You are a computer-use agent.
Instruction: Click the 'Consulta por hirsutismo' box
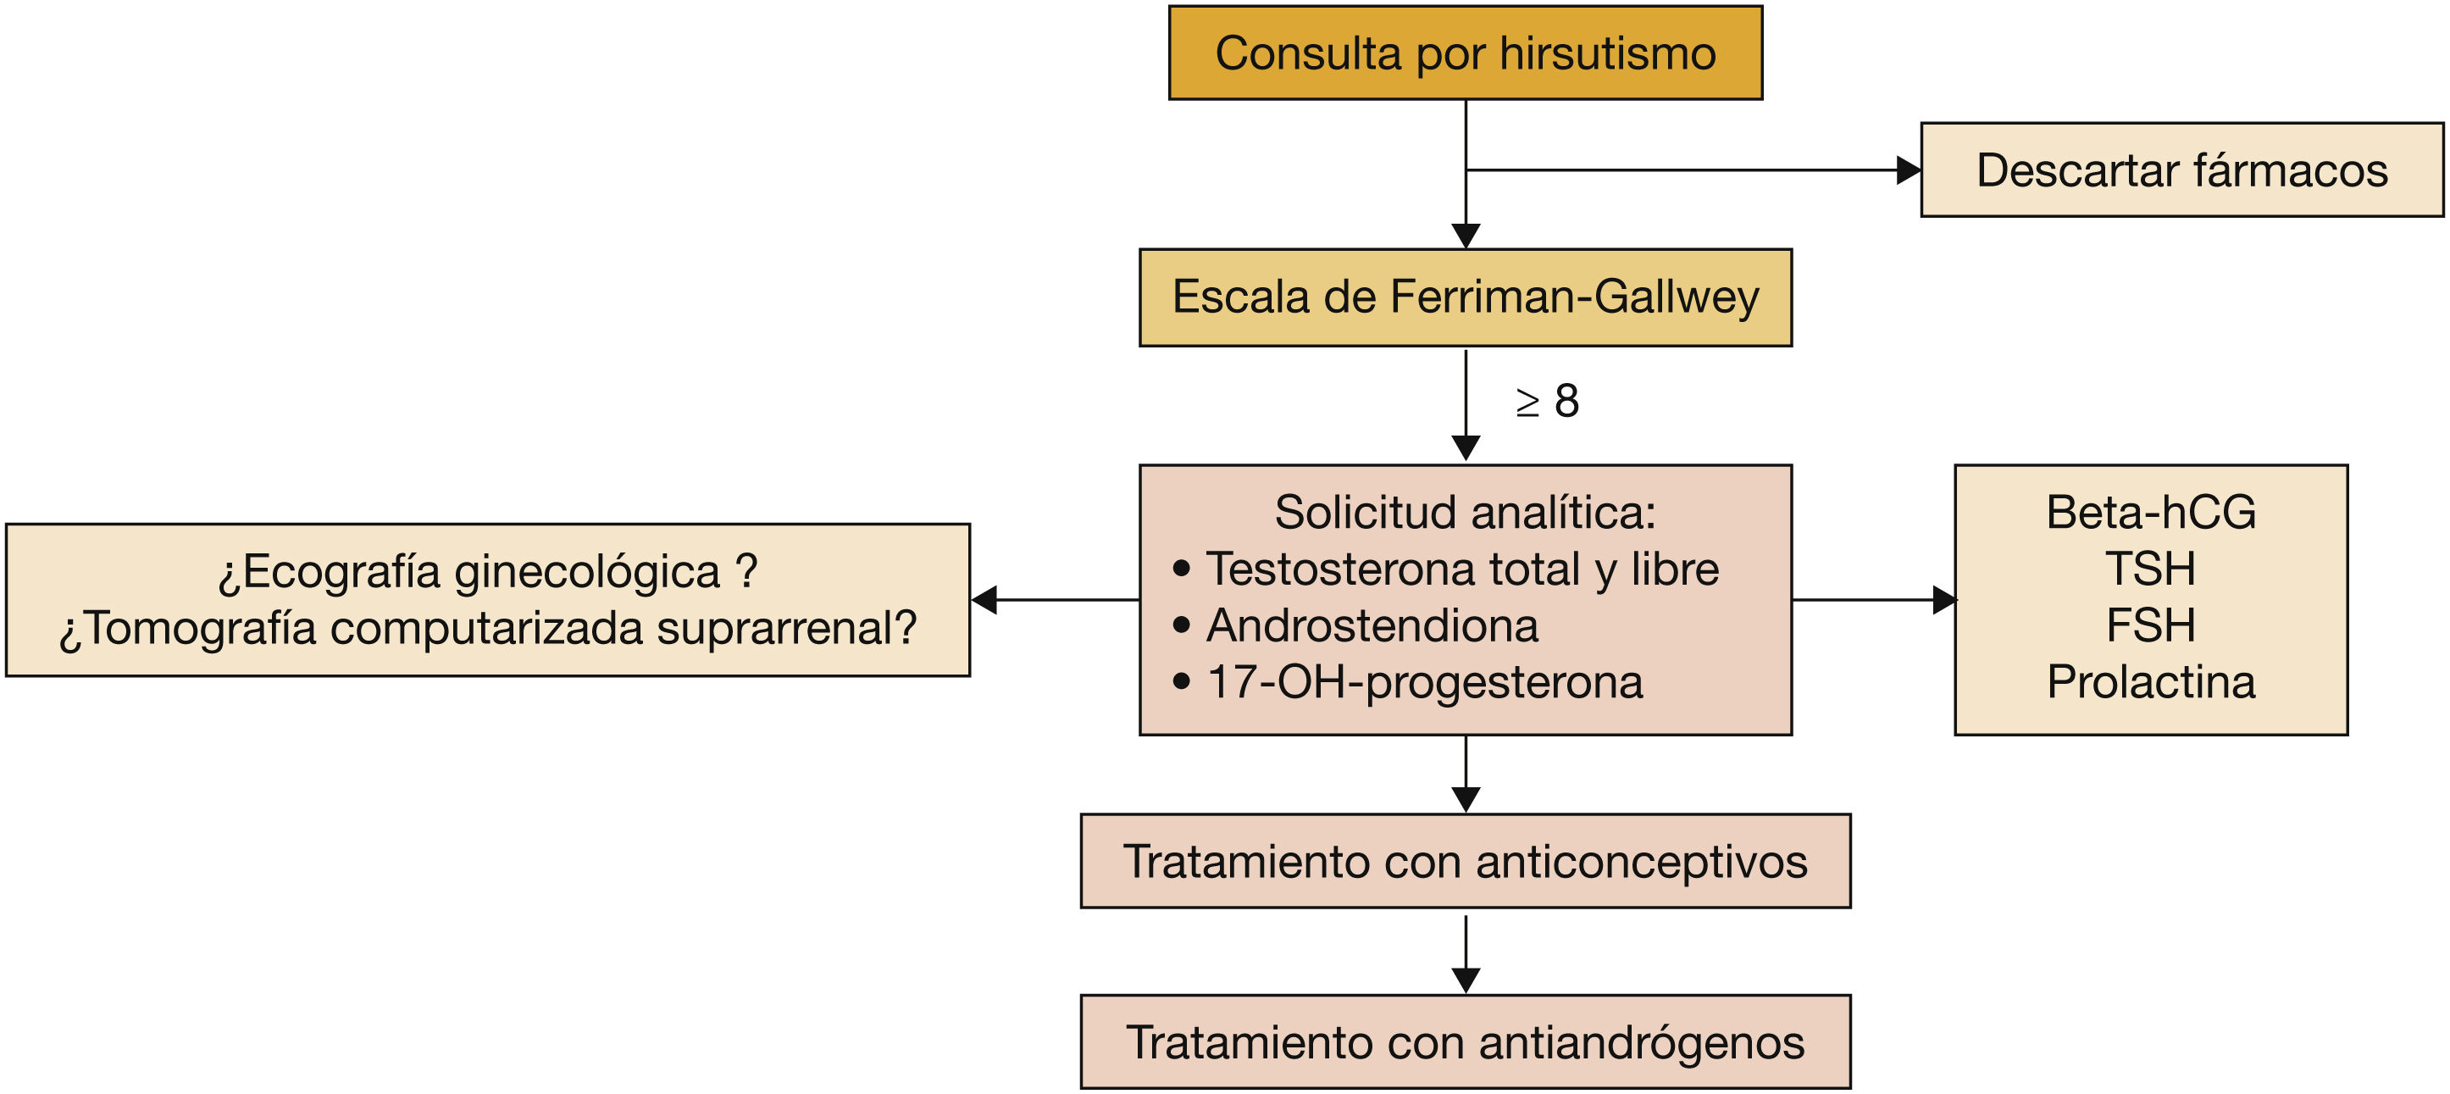click(x=1465, y=53)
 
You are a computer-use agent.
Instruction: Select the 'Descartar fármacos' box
click(x=2181, y=170)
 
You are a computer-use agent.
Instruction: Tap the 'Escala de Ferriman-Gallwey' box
click(x=1465, y=297)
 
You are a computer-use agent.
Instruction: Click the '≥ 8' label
click(x=1548, y=402)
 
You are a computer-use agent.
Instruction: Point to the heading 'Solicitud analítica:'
click(x=1465, y=513)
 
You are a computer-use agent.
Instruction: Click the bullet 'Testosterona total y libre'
click(x=1462, y=569)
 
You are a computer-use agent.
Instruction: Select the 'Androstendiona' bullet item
click(x=1372, y=626)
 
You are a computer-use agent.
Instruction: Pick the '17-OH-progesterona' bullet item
click(x=1424, y=682)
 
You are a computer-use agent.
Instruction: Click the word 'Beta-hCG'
click(x=2150, y=513)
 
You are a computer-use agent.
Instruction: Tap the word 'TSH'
click(x=2150, y=569)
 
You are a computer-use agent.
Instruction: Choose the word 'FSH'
click(x=2150, y=626)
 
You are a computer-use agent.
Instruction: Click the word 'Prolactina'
click(x=2150, y=682)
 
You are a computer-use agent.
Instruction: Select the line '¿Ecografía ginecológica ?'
click(x=488, y=572)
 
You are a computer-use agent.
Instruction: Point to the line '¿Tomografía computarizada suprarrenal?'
click(x=488, y=629)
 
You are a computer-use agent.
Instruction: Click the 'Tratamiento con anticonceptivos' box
click(x=1465, y=861)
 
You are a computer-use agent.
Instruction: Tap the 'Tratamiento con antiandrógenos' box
click(x=1465, y=1041)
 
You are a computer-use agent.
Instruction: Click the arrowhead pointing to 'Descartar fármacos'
click(x=1907, y=170)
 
